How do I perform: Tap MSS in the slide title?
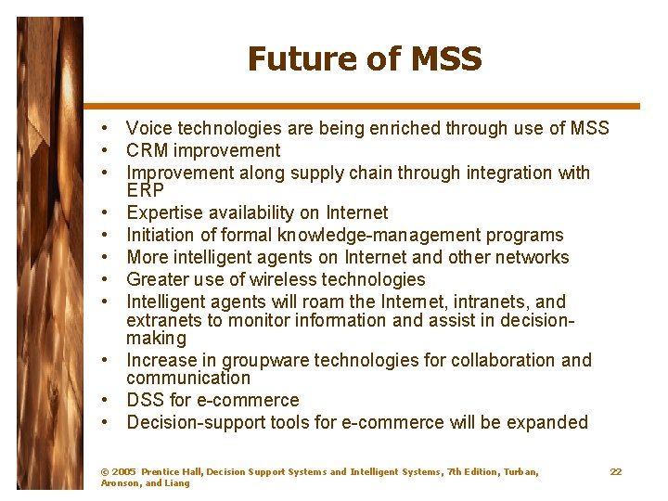(443, 59)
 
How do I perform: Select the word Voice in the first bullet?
(148, 128)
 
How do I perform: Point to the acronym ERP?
(145, 189)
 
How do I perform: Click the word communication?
(188, 378)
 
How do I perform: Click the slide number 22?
(616, 472)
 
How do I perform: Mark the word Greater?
(156, 279)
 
